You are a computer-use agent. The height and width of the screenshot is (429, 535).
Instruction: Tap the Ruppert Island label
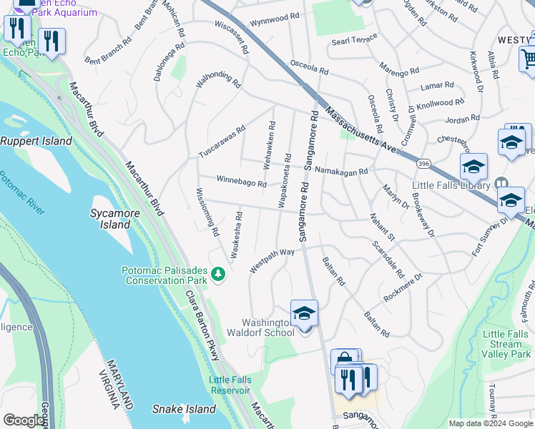click(x=36, y=141)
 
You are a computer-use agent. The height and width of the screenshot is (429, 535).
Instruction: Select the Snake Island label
click(x=184, y=409)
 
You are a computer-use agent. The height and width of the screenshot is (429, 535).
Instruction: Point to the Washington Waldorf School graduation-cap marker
click(x=304, y=313)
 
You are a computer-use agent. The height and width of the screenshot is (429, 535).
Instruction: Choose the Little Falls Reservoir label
click(x=230, y=385)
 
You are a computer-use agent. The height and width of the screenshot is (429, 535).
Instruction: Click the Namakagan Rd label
click(x=341, y=172)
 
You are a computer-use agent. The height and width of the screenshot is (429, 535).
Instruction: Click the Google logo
click(x=23, y=420)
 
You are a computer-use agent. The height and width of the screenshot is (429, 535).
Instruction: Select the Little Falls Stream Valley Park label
click(x=507, y=344)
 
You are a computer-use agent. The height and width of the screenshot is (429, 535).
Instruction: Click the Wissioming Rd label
click(x=206, y=212)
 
